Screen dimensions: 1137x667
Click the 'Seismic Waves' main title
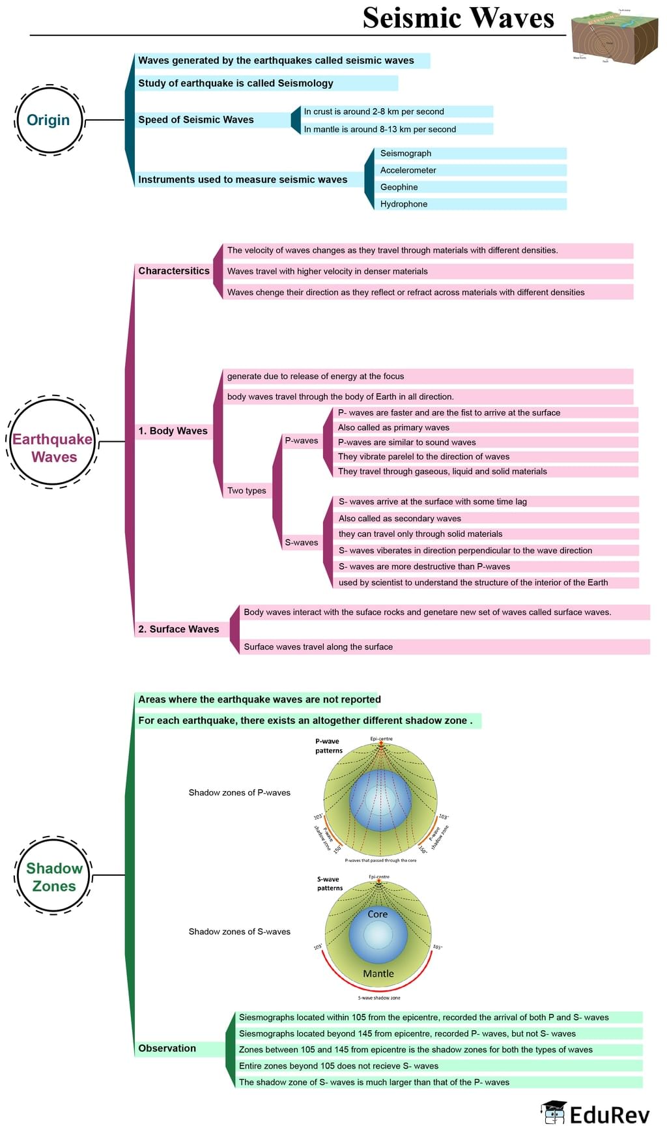[458, 18]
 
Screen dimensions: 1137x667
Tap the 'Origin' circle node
[49, 120]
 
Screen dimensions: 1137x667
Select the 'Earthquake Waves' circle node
[53, 448]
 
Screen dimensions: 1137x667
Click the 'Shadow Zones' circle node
[53, 876]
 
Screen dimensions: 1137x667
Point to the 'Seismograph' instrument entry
[406, 153]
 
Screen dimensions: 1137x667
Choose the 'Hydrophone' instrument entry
[404, 204]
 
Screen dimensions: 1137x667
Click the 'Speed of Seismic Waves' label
[196, 120]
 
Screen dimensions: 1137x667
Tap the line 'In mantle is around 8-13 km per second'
[380, 129]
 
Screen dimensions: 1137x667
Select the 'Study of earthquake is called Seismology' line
[236, 83]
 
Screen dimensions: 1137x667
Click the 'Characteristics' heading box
[174, 271]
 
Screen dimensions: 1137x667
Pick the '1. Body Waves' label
[173, 431]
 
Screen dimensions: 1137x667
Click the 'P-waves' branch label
[302, 440]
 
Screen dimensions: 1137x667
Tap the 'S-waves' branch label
[302, 542]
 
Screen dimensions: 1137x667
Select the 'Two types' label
[246, 491]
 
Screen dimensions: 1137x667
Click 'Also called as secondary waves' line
[400, 518]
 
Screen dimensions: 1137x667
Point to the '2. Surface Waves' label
[178, 629]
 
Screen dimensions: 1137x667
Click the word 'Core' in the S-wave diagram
[378, 914]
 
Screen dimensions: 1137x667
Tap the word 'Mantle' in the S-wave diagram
[378, 973]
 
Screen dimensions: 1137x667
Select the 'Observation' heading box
[167, 1048]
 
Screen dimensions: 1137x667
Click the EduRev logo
[595, 1114]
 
